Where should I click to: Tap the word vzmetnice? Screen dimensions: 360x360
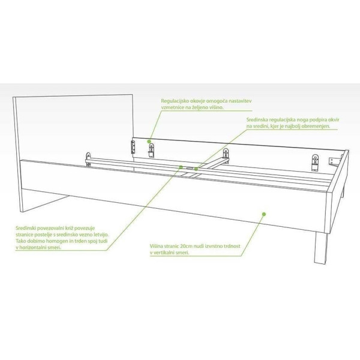[171, 107]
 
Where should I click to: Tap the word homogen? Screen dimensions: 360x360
[56, 241]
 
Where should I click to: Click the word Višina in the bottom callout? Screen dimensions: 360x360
[157, 246]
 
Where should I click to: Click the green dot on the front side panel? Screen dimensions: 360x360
[264, 214]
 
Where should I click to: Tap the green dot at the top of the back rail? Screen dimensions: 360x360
[149, 142]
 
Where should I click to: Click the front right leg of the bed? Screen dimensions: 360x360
[321, 248]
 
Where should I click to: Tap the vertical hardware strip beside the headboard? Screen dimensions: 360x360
[133, 147]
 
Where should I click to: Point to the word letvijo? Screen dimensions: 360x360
[101, 235]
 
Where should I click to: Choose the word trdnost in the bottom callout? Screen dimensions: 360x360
[232, 246]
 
